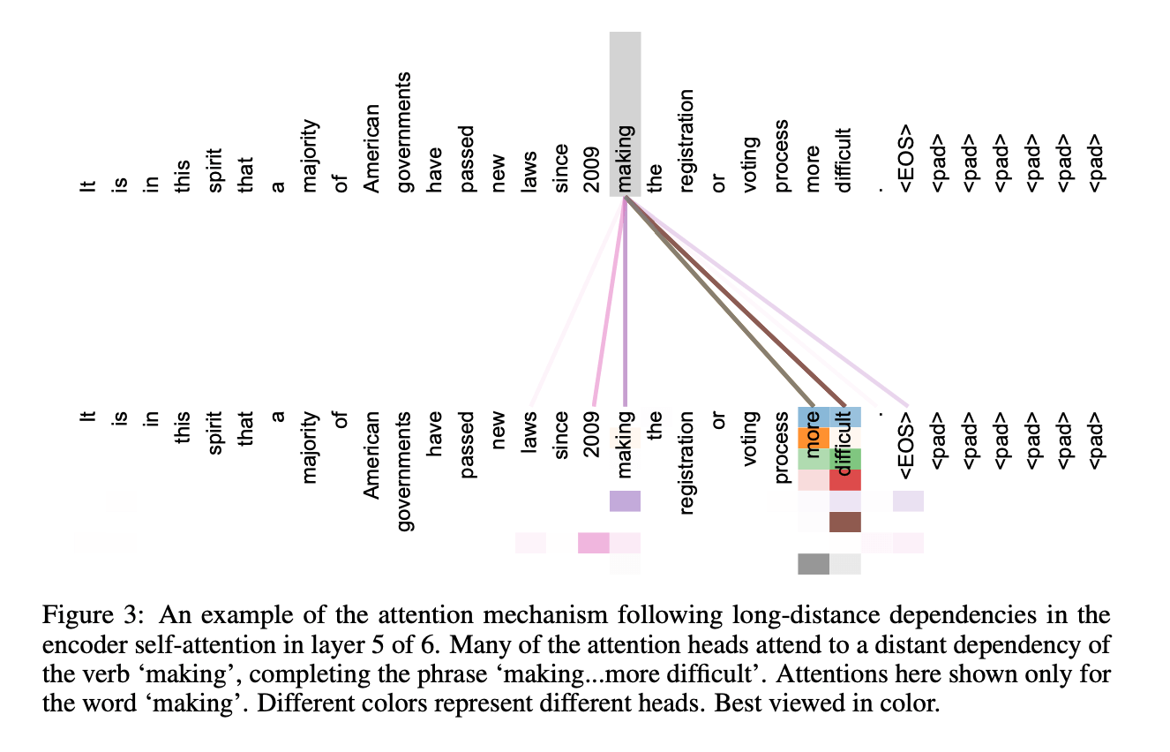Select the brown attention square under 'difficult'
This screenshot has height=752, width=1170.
tap(844, 523)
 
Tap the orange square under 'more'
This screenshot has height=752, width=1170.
tap(813, 438)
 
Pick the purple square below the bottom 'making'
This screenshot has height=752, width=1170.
tap(626, 501)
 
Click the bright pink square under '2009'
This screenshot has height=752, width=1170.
tap(593, 543)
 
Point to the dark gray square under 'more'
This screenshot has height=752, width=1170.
tap(813, 564)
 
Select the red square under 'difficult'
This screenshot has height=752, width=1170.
tap(844, 480)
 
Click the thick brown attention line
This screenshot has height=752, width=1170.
tap(732, 300)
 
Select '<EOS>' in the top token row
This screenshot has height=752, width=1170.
tap(907, 160)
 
